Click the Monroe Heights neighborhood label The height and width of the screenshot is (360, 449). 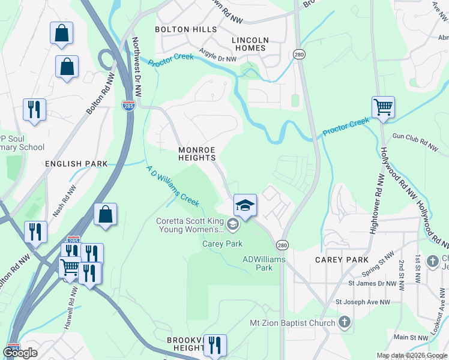click(x=197, y=153)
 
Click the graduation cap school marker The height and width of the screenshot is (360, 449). click(x=245, y=205)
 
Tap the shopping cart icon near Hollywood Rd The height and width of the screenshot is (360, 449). click(x=383, y=108)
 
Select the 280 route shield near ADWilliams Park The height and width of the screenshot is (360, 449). click(x=282, y=245)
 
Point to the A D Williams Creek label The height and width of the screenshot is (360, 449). click(x=173, y=187)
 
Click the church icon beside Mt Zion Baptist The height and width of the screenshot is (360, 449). click(x=344, y=323)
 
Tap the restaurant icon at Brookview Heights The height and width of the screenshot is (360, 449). click(x=215, y=345)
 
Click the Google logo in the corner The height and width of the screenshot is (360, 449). click(x=20, y=353)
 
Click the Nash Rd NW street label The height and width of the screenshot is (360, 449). click(x=65, y=200)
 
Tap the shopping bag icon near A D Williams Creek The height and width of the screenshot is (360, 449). click(x=105, y=214)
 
